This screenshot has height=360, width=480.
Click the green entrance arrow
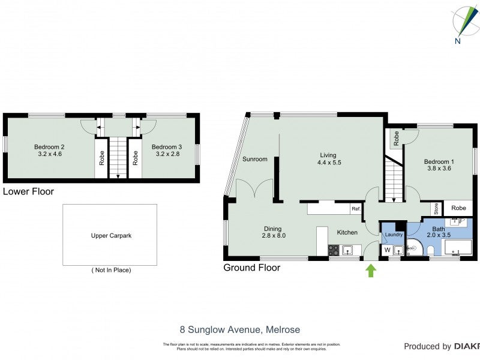(371, 271)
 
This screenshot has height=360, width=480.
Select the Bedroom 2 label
(49, 147)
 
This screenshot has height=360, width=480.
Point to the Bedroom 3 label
(167, 147)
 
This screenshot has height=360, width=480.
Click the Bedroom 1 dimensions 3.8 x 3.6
(437, 169)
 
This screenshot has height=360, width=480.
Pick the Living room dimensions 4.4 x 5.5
(328, 162)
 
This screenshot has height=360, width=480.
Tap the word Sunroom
(255, 160)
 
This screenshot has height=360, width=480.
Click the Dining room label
(273, 228)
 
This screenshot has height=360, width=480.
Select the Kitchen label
(347, 232)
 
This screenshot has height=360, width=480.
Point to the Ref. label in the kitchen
(356, 209)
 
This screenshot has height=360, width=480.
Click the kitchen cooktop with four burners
(334, 250)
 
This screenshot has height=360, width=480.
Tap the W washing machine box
(387, 250)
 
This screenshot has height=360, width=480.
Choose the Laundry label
(393, 235)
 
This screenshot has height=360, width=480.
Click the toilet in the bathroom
(431, 250)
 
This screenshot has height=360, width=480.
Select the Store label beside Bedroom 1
(437, 208)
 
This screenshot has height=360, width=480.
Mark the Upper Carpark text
(110, 235)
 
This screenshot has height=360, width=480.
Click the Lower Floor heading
(28, 192)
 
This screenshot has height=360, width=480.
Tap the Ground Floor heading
(251, 268)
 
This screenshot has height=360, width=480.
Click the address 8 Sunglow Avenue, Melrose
(240, 329)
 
